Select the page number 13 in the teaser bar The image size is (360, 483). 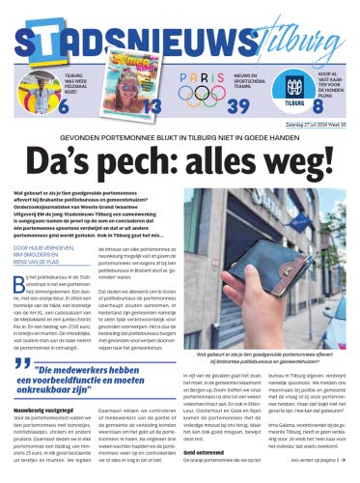[x=149, y=104]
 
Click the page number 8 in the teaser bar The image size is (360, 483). [x=341, y=105]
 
